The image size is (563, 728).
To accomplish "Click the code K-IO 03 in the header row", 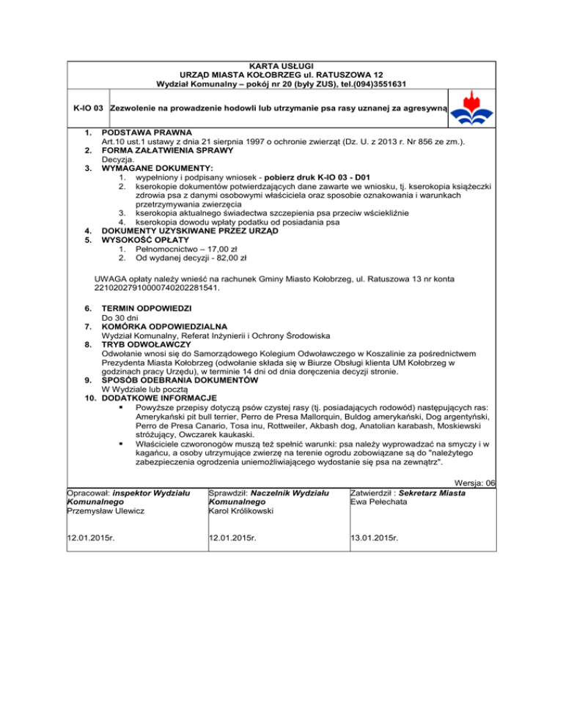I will pos(88,109).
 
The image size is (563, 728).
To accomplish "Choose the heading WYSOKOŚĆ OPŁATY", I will pos(147,239).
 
